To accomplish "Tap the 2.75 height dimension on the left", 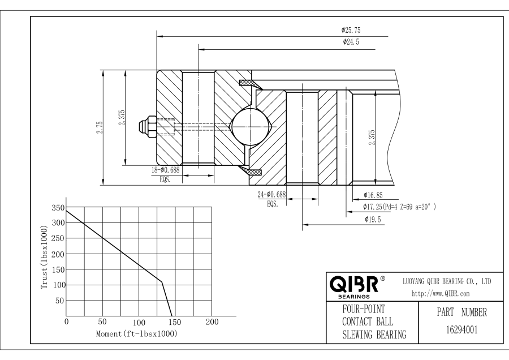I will [100, 127].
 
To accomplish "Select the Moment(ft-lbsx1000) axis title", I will [136, 334].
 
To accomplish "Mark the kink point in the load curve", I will [162, 281].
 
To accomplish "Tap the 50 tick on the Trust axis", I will [58, 301].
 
